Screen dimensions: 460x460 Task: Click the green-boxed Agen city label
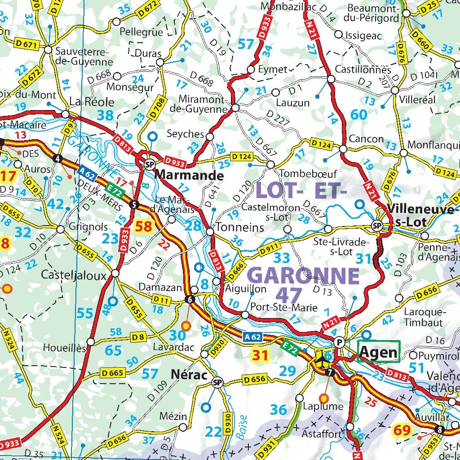(378, 353)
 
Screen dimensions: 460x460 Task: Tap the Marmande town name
(189, 174)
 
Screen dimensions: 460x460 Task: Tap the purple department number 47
(291, 295)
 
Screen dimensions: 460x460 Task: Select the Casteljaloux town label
(74, 274)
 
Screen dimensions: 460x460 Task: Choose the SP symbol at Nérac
(217, 382)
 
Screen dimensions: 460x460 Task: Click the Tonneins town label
(240, 227)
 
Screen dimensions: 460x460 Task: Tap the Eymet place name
(273, 69)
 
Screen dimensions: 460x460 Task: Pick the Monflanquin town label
(433, 145)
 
